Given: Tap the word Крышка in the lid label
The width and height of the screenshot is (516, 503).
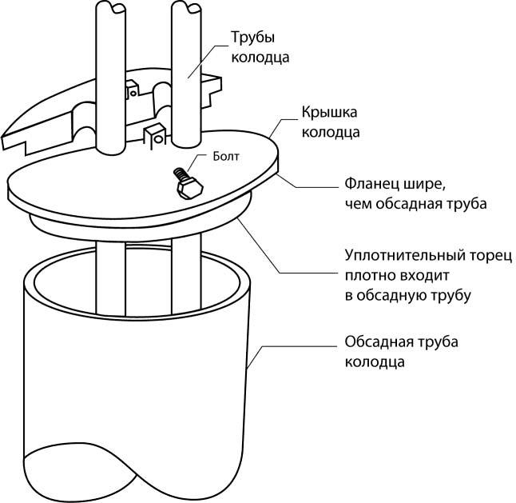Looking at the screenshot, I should coord(327,113).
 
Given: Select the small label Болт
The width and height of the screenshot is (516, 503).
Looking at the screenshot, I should coord(226,158).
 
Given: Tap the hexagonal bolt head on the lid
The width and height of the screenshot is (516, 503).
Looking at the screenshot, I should coord(189,190).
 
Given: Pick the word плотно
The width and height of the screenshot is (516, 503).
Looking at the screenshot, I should coord(368,275).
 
